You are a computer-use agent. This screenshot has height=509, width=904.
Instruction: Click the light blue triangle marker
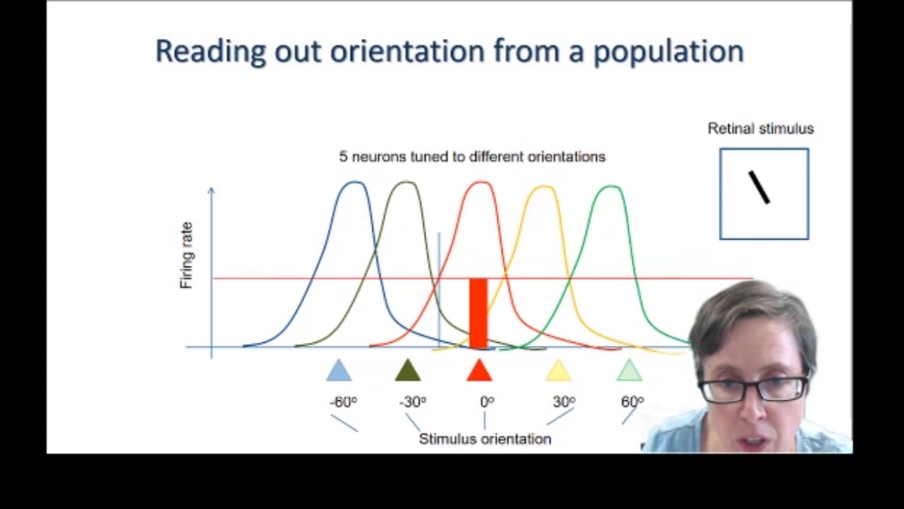pos(339,370)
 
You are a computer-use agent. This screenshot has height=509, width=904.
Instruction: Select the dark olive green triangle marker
pos(408,370)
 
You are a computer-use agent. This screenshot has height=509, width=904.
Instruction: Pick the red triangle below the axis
pos(480,370)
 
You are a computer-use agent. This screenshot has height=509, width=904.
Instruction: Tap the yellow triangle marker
pos(559,370)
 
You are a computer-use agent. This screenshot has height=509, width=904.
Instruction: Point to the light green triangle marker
pos(629,370)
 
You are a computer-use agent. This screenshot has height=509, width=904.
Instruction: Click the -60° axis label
pos(343,402)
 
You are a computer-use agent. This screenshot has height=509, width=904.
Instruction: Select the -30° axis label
pos(412,402)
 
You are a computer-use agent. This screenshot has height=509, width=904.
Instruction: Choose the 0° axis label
pos(487,402)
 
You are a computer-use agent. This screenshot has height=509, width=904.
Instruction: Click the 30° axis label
pos(564,402)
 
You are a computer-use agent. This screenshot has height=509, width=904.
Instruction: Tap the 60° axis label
pos(632,402)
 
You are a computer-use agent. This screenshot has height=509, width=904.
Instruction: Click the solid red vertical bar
pos(478,312)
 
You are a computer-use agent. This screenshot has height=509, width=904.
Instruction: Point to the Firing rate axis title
pos(186,255)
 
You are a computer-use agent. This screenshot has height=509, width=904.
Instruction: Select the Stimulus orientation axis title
pos(484,439)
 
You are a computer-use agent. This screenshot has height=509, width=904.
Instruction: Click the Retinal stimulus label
pos(761,129)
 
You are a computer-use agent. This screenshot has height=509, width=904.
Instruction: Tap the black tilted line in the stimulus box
pos(759,187)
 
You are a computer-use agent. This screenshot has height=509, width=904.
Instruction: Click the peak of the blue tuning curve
pos(354,182)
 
